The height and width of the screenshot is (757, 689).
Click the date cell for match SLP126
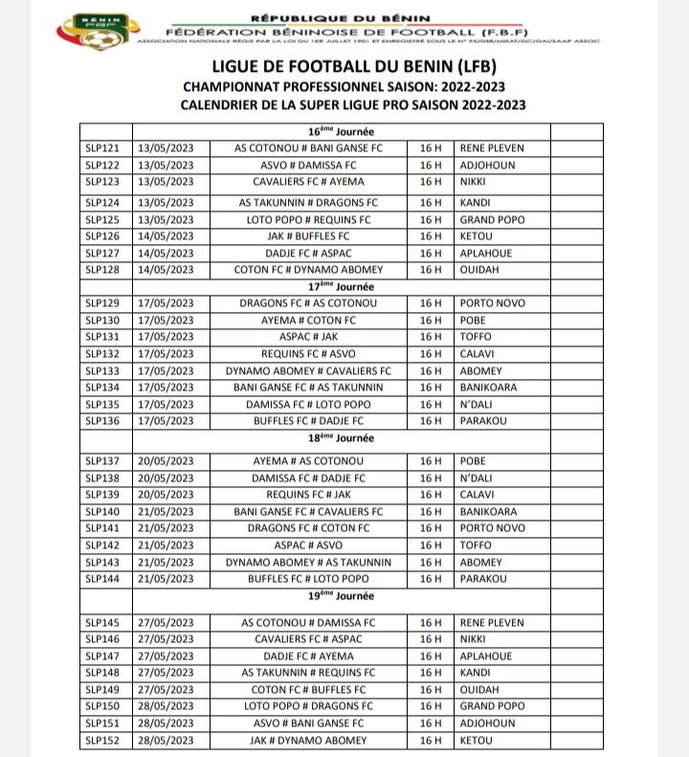click(166, 235)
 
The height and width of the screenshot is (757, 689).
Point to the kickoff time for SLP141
click(430, 528)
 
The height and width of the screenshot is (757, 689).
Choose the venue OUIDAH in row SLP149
click(482, 690)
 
